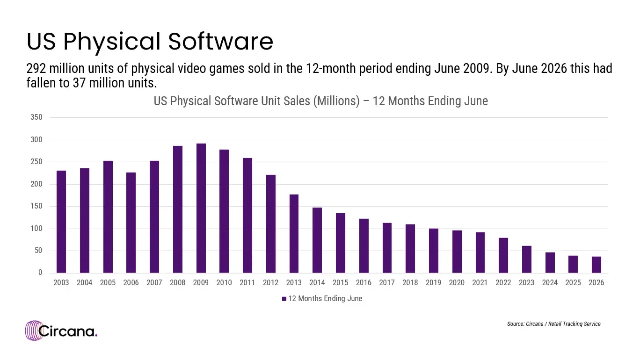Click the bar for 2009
click(201, 208)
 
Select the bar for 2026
click(596, 265)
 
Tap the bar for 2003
click(61, 222)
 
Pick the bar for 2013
click(294, 234)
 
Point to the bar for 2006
click(131, 223)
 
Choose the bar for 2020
click(457, 252)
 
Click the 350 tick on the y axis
click(36, 117)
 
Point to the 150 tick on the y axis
click(36, 206)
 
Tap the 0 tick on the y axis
click(40, 273)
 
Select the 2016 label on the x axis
click(364, 283)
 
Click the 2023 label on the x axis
click(526, 283)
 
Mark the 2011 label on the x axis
click(247, 283)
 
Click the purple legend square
click(284, 299)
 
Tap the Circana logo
click(61, 331)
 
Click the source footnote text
click(554, 324)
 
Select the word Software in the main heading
click(220, 42)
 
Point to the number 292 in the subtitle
click(36, 69)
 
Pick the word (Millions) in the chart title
click(336, 101)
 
